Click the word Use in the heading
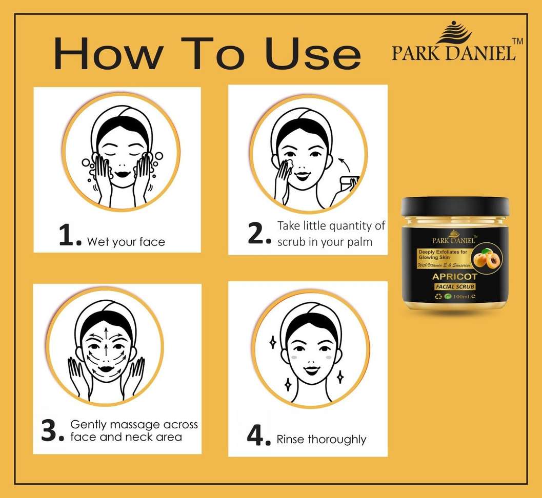pos(313,53)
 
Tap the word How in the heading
pos(108,53)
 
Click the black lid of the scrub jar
pos(454,206)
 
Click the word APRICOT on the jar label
pos(454,277)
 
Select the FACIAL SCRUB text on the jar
pos(455,286)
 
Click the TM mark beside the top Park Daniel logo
pos(517,41)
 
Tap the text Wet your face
pos(126,242)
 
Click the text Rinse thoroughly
pos(322,439)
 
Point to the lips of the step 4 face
pos(311,370)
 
